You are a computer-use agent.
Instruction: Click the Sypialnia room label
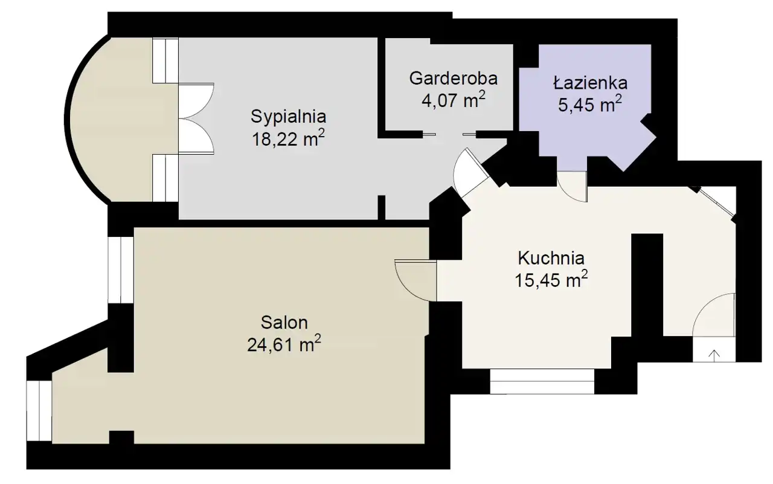tap(289, 117)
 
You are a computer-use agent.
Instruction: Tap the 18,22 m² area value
tap(289, 139)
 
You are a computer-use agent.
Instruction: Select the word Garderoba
tap(454, 79)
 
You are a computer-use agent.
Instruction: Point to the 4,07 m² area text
tap(454, 100)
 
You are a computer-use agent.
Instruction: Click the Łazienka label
tap(590, 83)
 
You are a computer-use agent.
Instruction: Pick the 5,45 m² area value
tap(590, 105)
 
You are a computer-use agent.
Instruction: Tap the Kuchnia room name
tap(551, 258)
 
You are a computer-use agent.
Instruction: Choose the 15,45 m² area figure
tap(551, 280)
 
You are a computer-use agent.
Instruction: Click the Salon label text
tap(284, 323)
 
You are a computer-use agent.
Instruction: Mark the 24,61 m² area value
tap(284, 344)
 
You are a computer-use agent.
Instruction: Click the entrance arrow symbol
tap(714, 355)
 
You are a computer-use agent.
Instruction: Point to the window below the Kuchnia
tap(542, 381)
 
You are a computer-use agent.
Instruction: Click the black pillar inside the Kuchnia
tap(647, 285)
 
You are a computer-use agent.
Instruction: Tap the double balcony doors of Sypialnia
tap(196, 118)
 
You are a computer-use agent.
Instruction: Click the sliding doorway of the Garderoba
tap(450, 134)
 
